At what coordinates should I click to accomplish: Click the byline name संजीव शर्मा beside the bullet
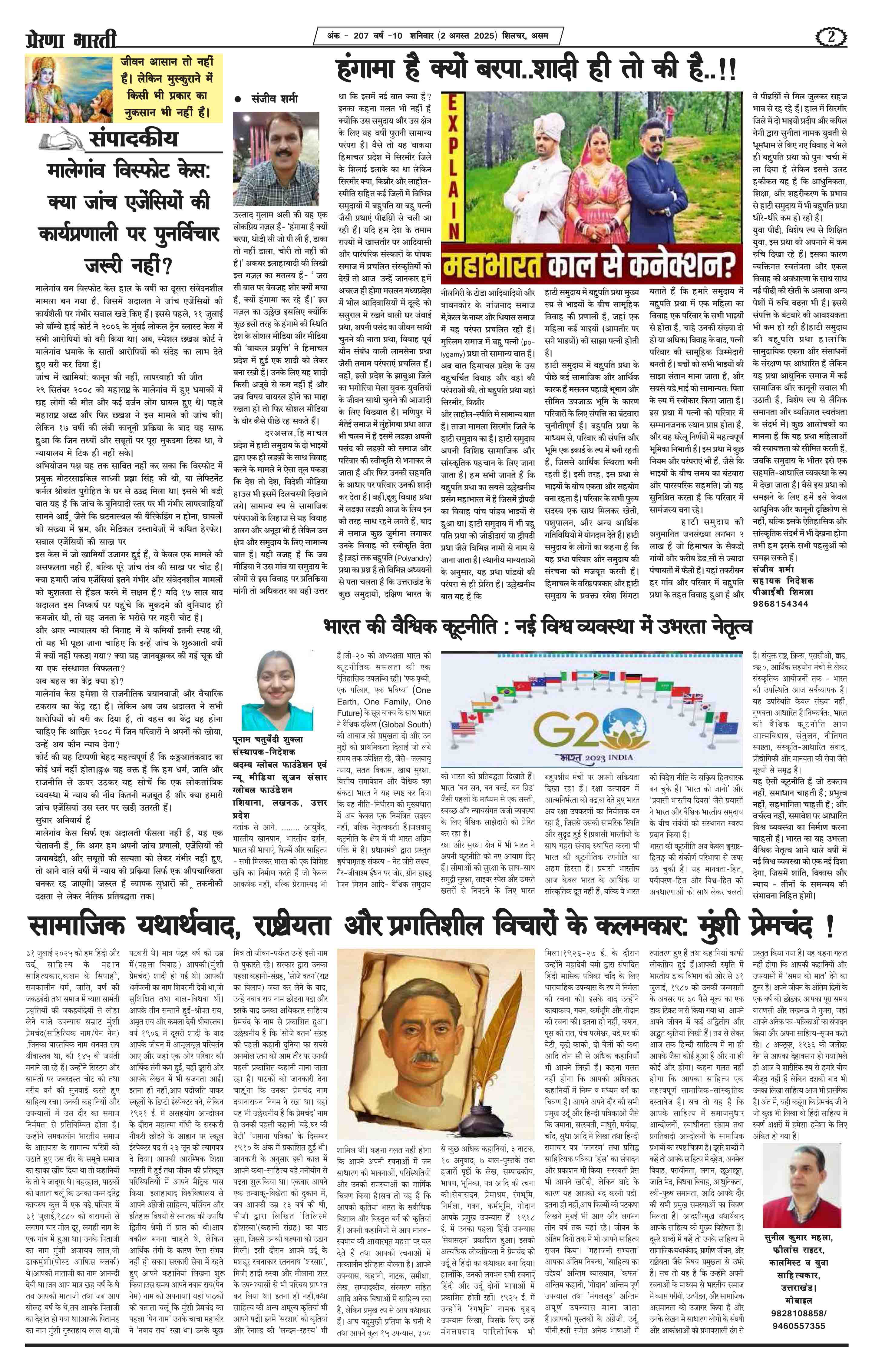tap(277, 98)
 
